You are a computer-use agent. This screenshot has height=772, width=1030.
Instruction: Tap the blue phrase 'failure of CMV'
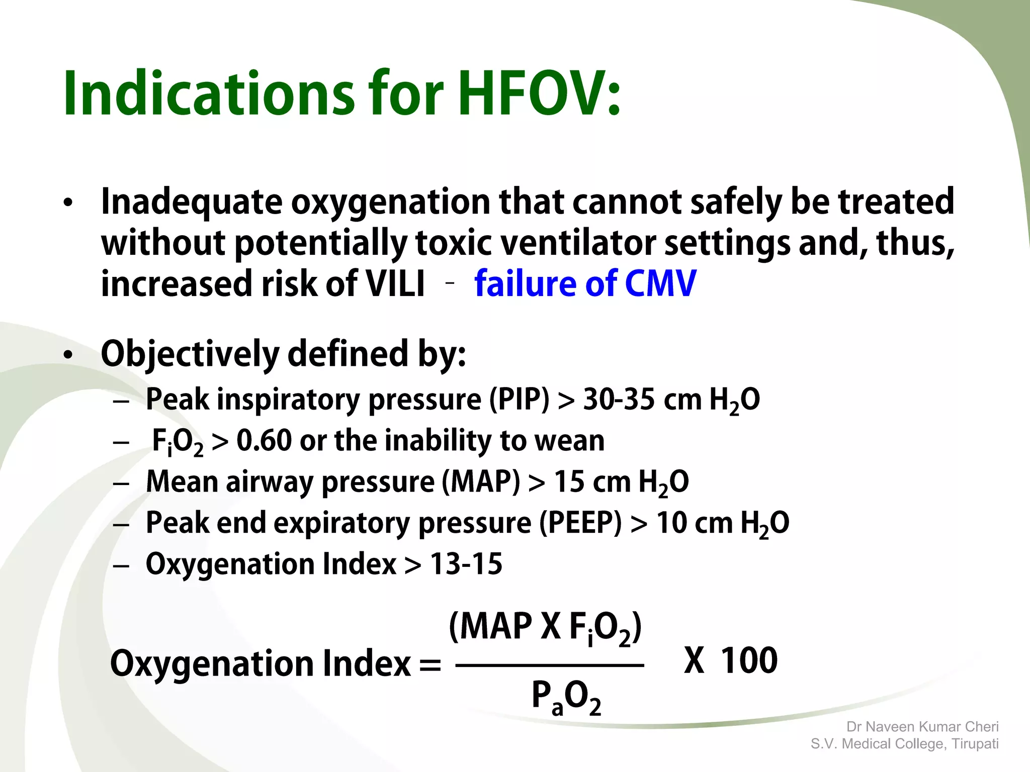point(585,283)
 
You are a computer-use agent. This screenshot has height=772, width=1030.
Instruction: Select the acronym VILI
point(395,283)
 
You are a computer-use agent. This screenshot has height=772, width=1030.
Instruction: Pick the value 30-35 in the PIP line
point(619,400)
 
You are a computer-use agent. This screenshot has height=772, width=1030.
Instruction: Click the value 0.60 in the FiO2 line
point(264,441)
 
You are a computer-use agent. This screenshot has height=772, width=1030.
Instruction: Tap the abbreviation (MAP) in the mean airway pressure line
point(481,481)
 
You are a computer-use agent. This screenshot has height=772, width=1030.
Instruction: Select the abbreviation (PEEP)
point(580,523)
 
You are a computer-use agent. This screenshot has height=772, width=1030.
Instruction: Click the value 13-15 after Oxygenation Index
point(466,564)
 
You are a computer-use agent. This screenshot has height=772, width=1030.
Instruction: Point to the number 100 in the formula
point(749,660)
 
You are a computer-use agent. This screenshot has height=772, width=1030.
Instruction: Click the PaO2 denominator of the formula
point(566,698)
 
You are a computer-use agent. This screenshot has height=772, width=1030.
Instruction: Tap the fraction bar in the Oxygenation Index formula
point(549,665)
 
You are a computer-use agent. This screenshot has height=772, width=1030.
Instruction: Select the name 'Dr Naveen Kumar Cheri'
point(922,727)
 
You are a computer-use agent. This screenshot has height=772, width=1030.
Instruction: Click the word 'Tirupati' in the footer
point(975,744)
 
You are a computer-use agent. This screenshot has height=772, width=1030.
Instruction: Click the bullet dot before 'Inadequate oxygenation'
point(68,203)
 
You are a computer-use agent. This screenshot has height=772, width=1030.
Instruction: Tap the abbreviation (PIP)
point(520,400)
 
